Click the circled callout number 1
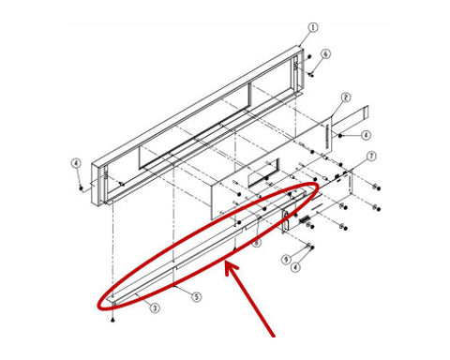coord(313,27)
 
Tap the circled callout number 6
coord(325,53)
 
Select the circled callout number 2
coord(345,97)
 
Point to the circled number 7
coord(371,156)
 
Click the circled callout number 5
coord(196,296)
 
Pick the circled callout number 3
coord(155,308)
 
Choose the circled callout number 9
coord(286,260)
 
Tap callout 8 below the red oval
coord(256,243)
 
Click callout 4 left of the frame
coord(76,163)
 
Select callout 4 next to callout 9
coord(295,267)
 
